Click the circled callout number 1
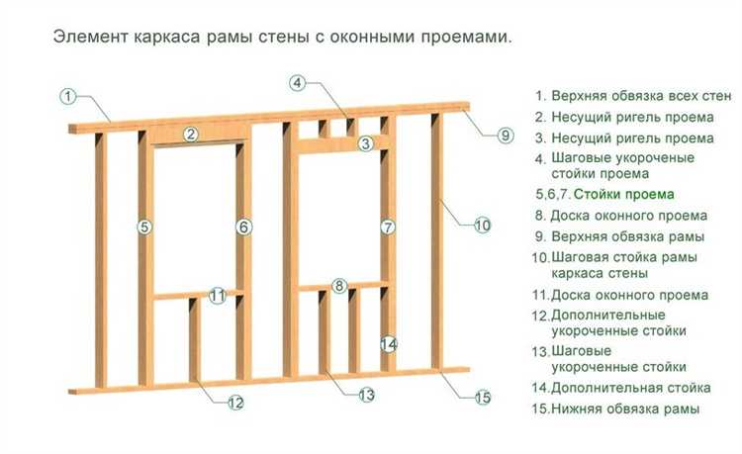(68, 97)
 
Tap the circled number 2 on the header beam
(192, 135)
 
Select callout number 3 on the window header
(365, 144)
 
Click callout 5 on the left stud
(144, 227)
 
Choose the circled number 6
(243, 227)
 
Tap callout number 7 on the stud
(388, 227)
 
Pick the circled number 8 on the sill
(339, 286)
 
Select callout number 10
(482, 226)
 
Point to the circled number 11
(218, 295)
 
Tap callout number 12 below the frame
(235, 403)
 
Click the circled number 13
(367, 395)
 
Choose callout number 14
(389, 344)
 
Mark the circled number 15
(482, 398)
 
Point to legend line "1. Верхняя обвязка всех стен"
(633, 96)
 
